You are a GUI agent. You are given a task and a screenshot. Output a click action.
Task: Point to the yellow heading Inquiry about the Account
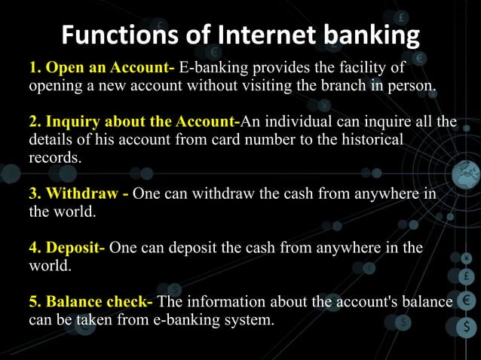click(x=142, y=122)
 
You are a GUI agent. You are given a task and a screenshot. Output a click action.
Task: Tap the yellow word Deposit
click(x=76, y=248)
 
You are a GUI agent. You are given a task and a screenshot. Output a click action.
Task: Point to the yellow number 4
click(x=34, y=248)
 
